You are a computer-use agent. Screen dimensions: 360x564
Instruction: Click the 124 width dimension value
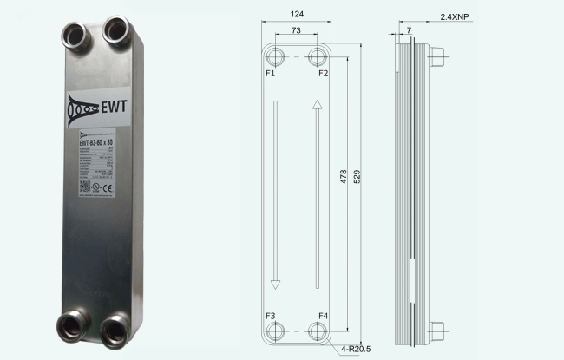tap(297, 15)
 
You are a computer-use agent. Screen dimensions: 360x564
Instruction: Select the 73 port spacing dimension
tap(297, 29)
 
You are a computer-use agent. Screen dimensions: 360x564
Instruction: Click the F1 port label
tap(271, 74)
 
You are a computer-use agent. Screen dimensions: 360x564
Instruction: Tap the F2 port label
tap(322, 74)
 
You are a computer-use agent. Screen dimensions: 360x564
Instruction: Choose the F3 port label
tap(271, 315)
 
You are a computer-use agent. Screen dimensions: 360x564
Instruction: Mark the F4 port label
tap(323, 315)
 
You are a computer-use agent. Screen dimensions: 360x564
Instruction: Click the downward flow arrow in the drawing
tap(275, 194)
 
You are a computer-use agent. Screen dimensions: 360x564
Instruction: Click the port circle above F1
tap(275, 58)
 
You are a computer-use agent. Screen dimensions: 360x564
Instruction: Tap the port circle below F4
tap(318, 331)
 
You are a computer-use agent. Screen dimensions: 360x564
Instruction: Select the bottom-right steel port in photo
tap(115, 331)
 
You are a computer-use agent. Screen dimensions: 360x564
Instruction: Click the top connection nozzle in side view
tap(437, 58)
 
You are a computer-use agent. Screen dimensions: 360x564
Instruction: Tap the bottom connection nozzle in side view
tap(437, 331)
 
